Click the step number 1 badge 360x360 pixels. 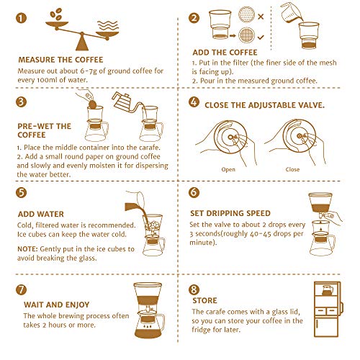[21, 18]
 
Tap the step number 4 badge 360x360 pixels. [194, 102]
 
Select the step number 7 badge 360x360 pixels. [21, 289]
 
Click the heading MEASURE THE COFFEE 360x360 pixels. [60, 60]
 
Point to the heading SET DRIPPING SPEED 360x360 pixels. [230, 213]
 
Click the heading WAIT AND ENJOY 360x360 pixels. [57, 305]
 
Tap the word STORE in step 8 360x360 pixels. [204, 300]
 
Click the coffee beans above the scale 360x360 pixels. [56, 14]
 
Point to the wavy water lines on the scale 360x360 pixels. [108, 26]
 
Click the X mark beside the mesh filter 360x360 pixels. [261, 17]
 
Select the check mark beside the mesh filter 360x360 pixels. [261, 37]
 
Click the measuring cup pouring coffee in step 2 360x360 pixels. [292, 13]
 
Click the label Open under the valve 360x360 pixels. [228, 169]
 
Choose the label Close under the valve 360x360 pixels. [292, 169]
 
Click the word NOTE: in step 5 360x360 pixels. [27, 249]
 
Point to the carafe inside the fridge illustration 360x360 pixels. [327, 290]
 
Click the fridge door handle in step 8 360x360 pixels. [342, 307]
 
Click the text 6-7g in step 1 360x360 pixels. [89, 71]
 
